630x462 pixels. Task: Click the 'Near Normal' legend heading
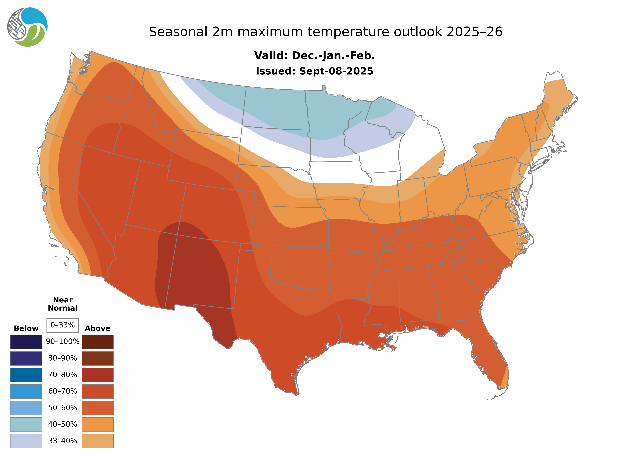[x=63, y=304]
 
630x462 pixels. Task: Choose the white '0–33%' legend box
[x=63, y=325]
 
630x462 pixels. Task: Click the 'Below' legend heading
[x=26, y=328]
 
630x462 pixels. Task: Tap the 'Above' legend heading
[x=98, y=328]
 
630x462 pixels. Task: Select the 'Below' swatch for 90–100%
[x=26, y=342]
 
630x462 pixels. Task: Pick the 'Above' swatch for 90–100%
[x=98, y=342]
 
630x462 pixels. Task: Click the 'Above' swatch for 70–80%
[x=98, y=375]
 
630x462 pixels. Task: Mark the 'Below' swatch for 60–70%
[x=26, y=391]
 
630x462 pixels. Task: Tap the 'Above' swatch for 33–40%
[x=98, y=441]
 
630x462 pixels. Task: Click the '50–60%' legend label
[x=63, y=408]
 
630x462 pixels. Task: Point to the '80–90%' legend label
[x=63, y=358]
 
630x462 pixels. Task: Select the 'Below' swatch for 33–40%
[x=26, y=441]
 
